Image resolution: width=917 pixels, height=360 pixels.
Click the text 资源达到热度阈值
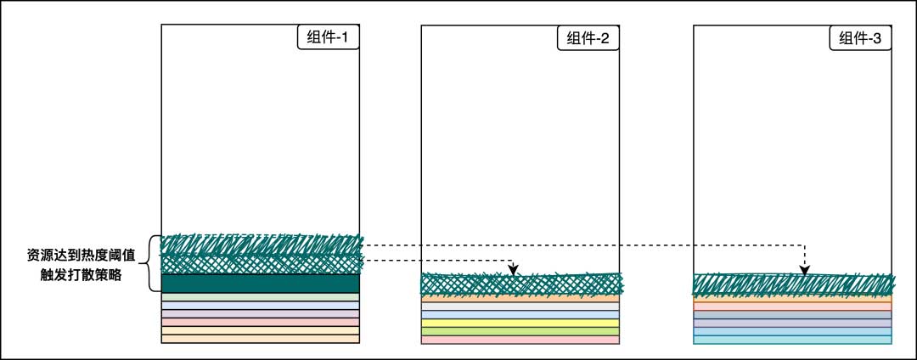coord(81,254)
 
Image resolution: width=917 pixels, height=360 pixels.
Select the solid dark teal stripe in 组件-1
coord(260,284)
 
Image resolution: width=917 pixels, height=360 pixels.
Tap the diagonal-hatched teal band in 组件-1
coord(260,244)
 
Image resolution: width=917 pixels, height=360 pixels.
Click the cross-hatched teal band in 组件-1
coord(260,263)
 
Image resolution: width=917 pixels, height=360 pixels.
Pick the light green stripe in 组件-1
coord(260,297)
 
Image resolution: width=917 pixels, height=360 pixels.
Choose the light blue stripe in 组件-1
coord(260,306)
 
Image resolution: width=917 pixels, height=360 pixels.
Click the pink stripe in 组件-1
coord(260,323)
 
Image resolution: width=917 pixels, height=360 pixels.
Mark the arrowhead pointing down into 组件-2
coord(513,270)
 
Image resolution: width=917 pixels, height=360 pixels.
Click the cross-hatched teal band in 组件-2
coord(520,284)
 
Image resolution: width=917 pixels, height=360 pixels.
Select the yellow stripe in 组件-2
coord(520,323)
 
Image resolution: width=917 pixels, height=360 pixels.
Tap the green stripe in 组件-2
coord(520,331)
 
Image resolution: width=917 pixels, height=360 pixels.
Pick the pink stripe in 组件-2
coord(520,340)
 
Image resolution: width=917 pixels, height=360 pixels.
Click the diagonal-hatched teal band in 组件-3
coord(793,285)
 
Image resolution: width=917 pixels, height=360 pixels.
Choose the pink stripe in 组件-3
coord(793,307)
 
